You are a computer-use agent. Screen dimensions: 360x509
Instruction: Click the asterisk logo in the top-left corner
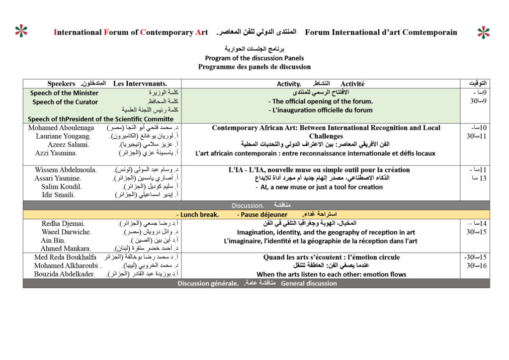[21, 31]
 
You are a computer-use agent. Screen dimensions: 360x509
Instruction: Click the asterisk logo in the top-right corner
[483, 32]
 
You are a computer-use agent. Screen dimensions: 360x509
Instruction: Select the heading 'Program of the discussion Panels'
[254, 58]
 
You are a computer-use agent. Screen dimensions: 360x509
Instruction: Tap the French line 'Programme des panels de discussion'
[254, 67]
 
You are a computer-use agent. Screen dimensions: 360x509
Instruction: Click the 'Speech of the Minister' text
[64, 93]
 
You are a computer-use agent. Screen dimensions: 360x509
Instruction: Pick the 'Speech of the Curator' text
[65, 102]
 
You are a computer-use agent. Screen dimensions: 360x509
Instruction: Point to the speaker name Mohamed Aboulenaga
[62, 128]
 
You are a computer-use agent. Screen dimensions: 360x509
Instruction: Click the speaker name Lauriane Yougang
[63, 136]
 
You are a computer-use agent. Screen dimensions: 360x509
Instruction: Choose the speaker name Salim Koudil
[62, 187]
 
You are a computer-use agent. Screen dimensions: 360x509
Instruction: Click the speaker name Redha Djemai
[63, 224]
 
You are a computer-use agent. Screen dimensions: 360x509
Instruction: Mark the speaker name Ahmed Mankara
[66, 249]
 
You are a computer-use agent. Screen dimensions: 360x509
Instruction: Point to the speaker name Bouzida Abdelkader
[65, 274]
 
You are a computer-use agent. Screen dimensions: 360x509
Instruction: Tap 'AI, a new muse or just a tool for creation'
[322, 187]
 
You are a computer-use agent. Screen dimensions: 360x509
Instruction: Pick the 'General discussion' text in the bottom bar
[309, 283]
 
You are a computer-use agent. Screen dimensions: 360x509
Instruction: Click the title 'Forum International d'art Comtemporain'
[381, 32]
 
